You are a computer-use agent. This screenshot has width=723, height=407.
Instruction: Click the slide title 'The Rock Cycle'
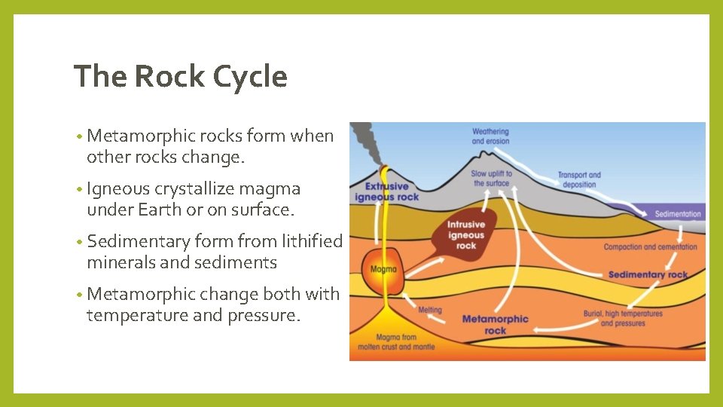point(181,77)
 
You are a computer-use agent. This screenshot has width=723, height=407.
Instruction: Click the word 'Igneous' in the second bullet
point(119,188)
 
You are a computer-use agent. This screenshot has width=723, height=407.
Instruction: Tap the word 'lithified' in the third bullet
point(311,241)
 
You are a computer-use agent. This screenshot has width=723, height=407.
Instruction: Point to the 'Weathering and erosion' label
point(490,136)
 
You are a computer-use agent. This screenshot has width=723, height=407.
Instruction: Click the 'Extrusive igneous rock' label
point(386,191)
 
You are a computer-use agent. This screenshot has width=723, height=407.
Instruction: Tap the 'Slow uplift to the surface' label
point(492,178)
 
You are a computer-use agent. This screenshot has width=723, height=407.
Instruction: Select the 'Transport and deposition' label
point(579,179)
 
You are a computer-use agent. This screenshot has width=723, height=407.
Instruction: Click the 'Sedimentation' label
point(678,214)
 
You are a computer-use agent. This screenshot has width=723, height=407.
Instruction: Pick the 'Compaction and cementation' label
point(650,247)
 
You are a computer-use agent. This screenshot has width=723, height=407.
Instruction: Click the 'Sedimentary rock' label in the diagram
point(648,274)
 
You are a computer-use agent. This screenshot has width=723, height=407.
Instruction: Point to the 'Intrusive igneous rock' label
point(466,235)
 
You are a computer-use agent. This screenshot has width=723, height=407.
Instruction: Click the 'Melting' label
point(429,310)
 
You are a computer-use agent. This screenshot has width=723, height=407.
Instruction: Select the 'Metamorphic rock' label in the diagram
point(495,324)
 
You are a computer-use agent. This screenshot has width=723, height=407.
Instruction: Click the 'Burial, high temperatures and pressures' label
point(623,318)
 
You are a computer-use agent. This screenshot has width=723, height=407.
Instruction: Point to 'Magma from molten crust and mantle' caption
point(394,341)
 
